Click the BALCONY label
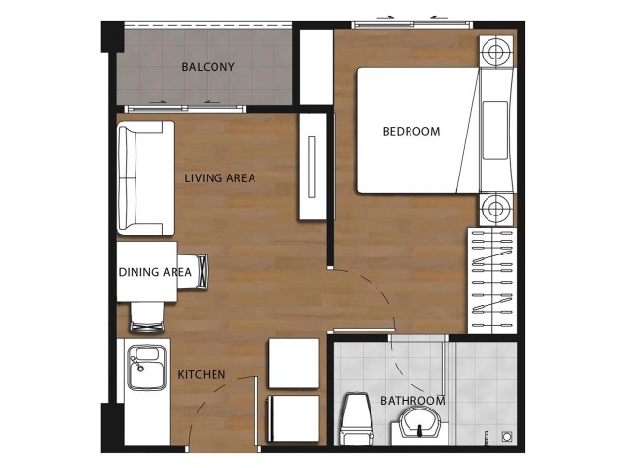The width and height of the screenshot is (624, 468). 208,67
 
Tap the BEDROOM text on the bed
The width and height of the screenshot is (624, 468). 411,131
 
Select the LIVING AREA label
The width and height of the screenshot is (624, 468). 219,177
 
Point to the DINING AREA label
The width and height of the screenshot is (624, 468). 155,272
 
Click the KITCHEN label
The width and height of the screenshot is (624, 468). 202,374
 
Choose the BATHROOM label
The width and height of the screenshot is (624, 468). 412,401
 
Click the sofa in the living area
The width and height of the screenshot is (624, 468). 145,177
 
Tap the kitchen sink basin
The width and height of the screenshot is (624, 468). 146,368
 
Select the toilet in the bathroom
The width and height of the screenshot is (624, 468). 358,418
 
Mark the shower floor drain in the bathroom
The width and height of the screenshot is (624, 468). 507,436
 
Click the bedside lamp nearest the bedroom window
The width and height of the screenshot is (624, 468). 495,52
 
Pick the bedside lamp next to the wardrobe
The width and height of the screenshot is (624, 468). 495,208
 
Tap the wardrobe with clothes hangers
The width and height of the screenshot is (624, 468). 492,281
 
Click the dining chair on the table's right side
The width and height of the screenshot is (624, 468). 193,271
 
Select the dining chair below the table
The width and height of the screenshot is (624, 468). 147,317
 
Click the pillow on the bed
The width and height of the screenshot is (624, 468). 495,131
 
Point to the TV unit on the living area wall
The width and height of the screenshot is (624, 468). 312,167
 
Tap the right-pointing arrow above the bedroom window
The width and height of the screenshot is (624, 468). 385,18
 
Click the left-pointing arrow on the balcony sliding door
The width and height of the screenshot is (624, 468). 212,102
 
